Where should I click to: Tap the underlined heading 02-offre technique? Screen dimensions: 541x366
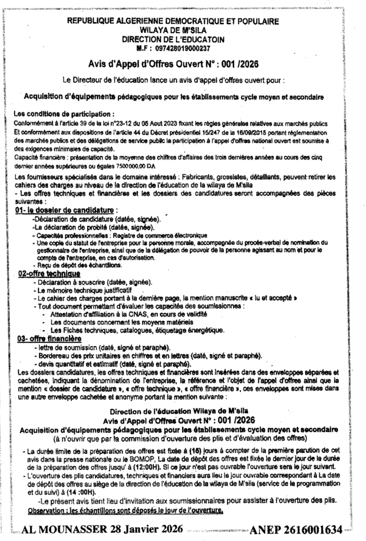49,274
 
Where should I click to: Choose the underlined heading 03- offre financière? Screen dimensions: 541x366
49,338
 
